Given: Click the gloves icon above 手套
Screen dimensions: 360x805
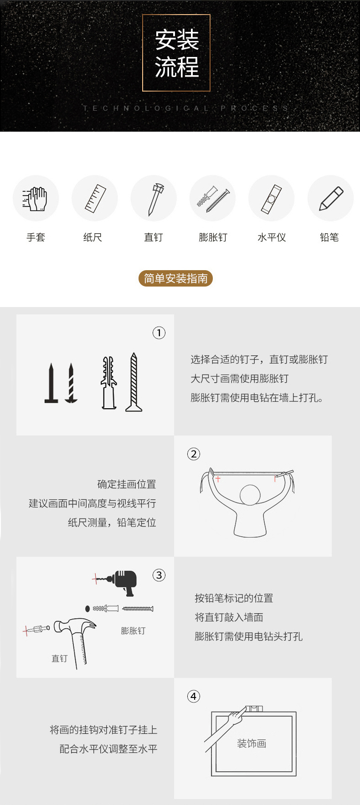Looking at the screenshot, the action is click(35, 199).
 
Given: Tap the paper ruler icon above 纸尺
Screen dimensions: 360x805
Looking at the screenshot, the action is click(95, 199).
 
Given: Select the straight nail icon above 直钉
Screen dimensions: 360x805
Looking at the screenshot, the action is click(154, 199).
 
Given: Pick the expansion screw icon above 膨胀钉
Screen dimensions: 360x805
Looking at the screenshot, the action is click(213, 199).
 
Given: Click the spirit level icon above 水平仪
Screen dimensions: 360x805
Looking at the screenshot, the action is click(272, 199).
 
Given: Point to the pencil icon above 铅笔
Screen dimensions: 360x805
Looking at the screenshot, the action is click(331, 198).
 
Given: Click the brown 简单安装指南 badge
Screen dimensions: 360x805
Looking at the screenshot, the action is click(176, 278).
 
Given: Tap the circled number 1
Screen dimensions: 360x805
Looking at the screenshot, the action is click(159, 333).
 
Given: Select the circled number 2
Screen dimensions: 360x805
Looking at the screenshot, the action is click(194, 454).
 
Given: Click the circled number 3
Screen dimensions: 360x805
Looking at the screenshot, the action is click(159, 575).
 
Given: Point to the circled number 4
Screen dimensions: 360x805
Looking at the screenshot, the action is click(194, 697).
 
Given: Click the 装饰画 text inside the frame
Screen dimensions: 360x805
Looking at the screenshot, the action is click(252, 743).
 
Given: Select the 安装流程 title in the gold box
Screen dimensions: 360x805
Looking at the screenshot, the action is click(177, 53).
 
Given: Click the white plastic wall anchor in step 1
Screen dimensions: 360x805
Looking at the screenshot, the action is click(108, 383).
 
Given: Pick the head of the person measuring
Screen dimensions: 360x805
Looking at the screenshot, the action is click(250, 495).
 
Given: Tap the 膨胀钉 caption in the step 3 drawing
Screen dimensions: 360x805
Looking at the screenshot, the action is click(133, 631).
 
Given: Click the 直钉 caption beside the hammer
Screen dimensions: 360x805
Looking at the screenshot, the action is click(59, 658).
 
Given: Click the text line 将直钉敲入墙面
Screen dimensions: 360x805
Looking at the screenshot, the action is click(229, 617).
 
